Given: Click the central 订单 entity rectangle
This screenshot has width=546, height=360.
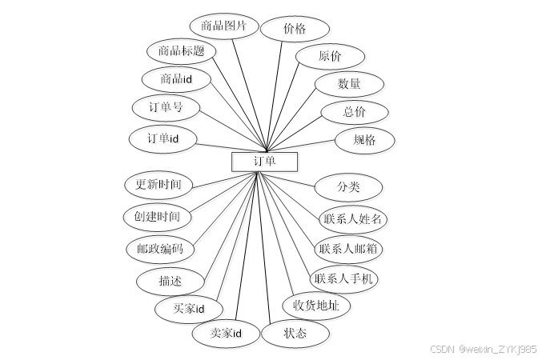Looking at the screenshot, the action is point(264,162).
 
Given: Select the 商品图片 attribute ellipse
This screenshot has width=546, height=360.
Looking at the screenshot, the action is point(223,26).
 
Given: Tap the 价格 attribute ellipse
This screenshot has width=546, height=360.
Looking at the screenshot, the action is point(294,29).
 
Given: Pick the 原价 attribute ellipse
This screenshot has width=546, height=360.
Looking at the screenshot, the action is point(330,57).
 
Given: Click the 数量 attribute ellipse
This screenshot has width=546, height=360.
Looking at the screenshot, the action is point(348,83).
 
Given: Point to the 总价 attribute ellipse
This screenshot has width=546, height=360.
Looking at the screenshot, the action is point(354,112).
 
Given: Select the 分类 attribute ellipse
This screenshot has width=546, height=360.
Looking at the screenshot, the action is point(348,187).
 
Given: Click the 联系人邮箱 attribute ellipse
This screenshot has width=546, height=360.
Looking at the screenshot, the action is point(348,249).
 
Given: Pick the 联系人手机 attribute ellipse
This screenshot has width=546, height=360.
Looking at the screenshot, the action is point(343,279).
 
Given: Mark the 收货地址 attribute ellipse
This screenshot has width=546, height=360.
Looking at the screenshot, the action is point(315,305).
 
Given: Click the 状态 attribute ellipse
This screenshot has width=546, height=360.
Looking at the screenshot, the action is point(295,333).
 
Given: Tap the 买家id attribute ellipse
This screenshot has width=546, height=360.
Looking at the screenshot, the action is point(189,309).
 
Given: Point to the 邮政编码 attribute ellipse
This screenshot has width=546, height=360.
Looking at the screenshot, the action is point(159,249).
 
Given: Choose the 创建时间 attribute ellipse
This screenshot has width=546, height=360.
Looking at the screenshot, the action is point(158,216).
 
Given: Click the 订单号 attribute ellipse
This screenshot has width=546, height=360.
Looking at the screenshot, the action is point(166,108).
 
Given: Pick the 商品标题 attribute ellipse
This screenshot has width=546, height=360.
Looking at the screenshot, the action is point(182,52).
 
